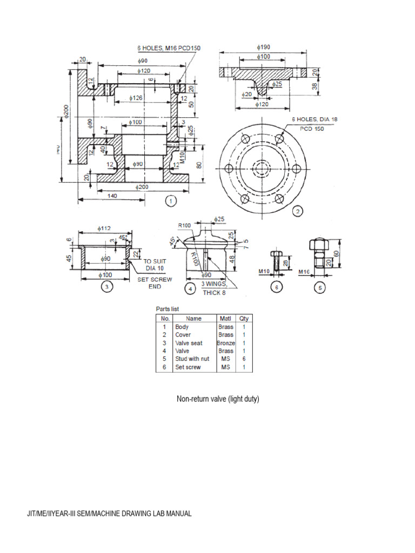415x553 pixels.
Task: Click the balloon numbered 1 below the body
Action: tap(171, 201)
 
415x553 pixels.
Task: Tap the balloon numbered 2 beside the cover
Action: tap(297, 212)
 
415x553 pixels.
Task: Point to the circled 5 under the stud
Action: tap(320, 288)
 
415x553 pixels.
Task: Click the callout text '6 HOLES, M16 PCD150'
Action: tap(169, 48)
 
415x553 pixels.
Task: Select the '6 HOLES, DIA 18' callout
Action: tap(315, 119)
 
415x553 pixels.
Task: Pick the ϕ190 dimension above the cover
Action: tap(264, 47)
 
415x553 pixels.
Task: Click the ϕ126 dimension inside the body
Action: tap(137, 98)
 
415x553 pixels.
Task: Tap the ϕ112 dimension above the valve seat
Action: tap(104, 228)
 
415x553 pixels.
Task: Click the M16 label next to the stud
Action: tap(305, 272)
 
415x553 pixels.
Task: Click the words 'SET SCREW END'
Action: tap(155, 283)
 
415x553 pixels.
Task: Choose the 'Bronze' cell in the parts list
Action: tap(226, 343)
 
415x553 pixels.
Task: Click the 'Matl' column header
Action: tap(225, 319)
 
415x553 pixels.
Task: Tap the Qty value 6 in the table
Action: tap(244, 359)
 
